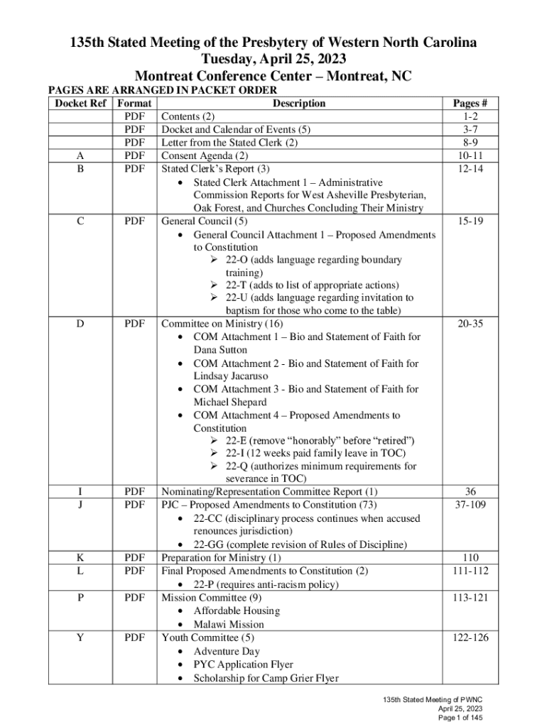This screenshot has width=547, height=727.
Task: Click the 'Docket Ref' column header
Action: pyautogui.click(x=80, y=103)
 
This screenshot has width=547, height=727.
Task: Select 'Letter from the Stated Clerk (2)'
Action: pyautogui.click(x=229, y=143)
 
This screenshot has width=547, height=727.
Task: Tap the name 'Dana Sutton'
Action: pyautogui.click(x=220, y=350)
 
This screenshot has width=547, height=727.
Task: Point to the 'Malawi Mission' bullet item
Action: pyautogui.click(x=228, y=624)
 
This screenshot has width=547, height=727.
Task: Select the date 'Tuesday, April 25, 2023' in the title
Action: pyautogui.click(x=273, y=59)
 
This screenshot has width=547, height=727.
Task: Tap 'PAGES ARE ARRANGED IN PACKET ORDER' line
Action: pyautogui.click(x=161, y=90)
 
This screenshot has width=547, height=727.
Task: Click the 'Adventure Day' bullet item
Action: pyautogui.click(x=227, y=651)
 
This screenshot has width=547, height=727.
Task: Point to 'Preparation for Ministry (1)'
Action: pyautogui.click(x=221, y=557)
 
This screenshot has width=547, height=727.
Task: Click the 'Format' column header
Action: pyautogui.click(x=134, y=103)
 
